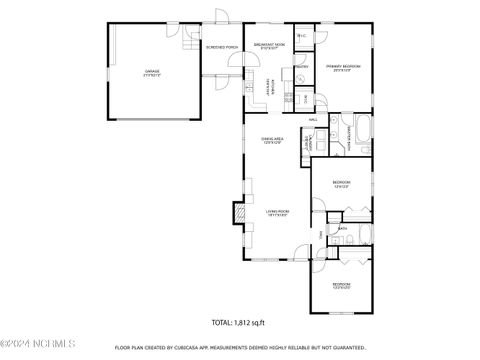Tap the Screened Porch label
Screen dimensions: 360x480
222,47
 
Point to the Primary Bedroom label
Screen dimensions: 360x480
344,68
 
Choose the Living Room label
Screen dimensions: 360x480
277,212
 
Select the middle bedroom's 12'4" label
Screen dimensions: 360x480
343,186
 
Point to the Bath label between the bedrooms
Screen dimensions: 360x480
342,229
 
